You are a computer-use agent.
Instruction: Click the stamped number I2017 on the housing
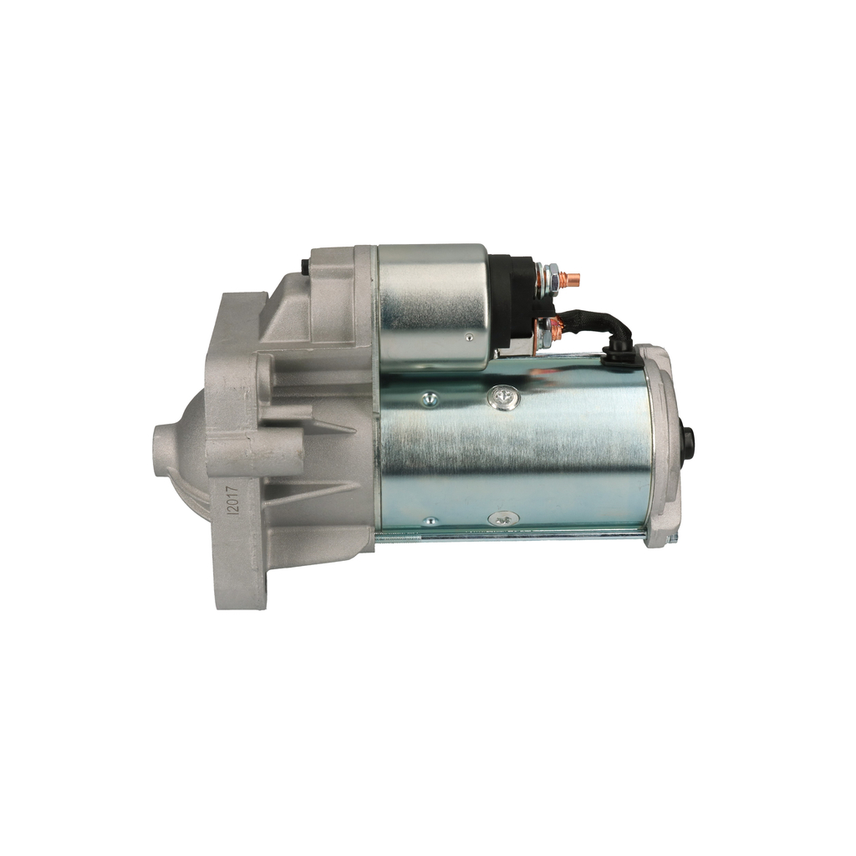(x=235, y=497)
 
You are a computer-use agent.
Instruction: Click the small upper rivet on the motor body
(x=430, y=398)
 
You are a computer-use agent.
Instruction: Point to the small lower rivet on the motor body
(x=431, y=520)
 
